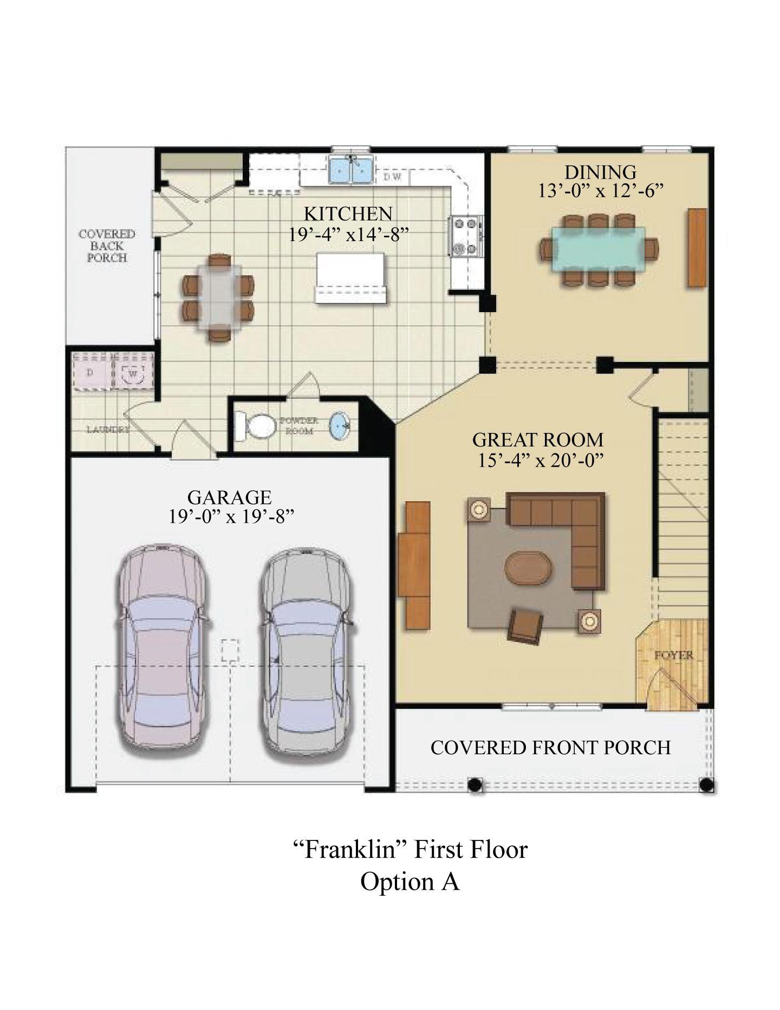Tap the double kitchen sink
tap(351, 170)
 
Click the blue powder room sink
tap(341, 425)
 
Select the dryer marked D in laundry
tap(91, 372)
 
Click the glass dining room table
tap(599, 248)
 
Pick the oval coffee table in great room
tap(529, 568)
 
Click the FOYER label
tap(673, 655)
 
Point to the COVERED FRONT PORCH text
tap(550, 748)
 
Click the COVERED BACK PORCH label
tap(107, 246)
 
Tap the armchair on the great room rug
tap(525, 625)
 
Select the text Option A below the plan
tap(410, 882)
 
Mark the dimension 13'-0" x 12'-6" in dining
tap(600, 191)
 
